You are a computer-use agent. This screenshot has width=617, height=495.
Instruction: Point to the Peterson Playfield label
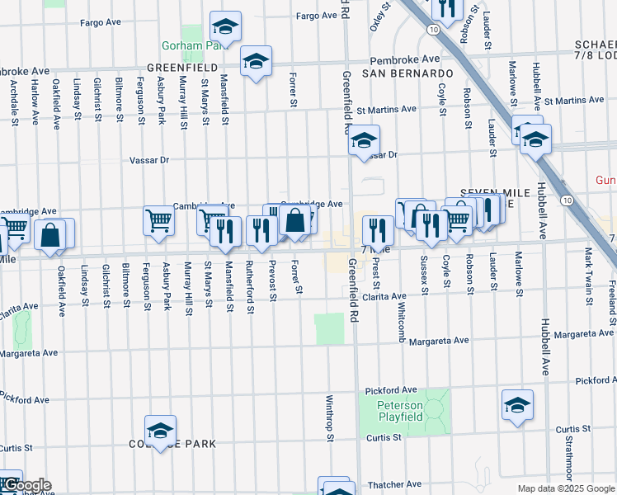tap(400, 411)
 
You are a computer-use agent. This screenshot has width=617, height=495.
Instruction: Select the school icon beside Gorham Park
tap(225, 27)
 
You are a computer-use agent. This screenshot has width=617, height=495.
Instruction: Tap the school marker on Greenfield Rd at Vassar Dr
tap(363, 141)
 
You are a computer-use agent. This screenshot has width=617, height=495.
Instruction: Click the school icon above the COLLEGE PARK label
tap(160, 431)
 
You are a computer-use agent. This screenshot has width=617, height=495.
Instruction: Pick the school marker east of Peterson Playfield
tap(517, 404)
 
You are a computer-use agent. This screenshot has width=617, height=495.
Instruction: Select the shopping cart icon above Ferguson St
tap(158, 221)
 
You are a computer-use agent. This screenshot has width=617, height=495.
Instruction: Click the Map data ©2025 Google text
tap(565, 488)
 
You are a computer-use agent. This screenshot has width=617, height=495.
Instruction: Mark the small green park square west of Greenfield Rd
tap(329, 328)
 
